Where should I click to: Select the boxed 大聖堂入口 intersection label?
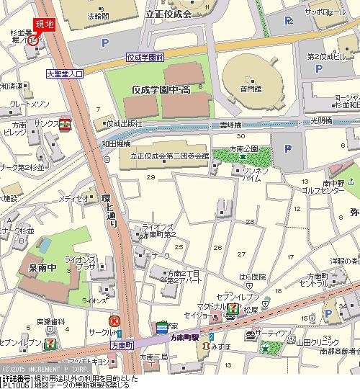coord(65,73)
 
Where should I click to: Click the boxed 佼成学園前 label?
coord(145,56)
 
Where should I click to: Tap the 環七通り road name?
coord(112,210)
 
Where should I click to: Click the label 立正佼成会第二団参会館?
coord(168,155)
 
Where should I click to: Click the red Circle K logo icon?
coord(114,320)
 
